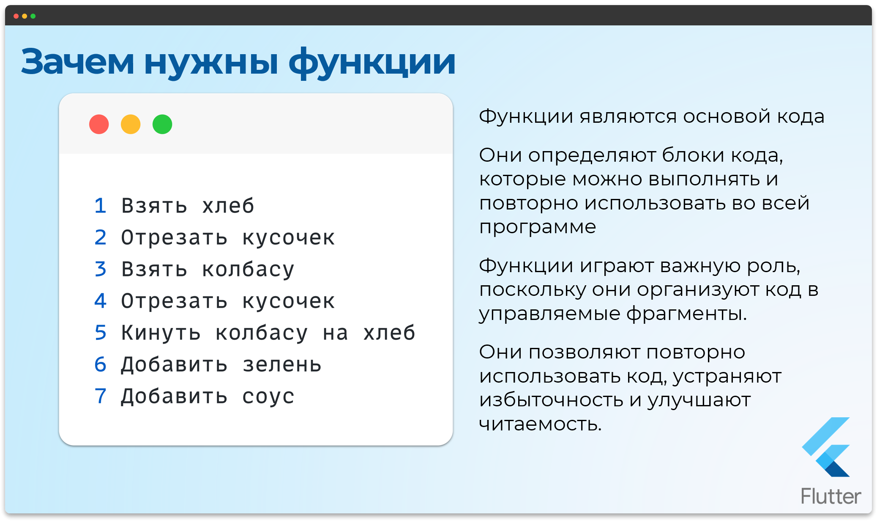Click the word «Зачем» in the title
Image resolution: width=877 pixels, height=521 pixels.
point(77,62)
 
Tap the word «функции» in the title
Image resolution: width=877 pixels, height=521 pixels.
point(372,62)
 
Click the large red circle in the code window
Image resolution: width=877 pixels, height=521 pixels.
point(99,124)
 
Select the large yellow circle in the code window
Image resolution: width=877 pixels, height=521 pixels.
point(131,124)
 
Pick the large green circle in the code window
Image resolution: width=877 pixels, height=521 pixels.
point(162,124)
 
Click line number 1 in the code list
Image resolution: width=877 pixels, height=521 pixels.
point(100,206)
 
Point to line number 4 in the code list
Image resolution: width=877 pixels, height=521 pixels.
point(100,301)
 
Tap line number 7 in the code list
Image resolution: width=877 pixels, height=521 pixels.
point(100,396)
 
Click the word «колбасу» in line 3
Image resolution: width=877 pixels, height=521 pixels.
point(248,270)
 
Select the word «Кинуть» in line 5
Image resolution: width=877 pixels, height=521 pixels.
point(161,333)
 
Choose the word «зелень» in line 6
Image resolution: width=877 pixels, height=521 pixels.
point(282,365)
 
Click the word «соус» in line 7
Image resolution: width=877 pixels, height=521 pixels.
point(268,397)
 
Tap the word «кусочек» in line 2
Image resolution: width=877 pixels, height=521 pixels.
point(289,238)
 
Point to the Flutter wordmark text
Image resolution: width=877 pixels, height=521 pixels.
point(831,496)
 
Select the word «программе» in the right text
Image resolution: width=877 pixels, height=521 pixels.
point(538,227)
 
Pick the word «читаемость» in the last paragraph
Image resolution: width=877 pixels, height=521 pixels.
point(540,424)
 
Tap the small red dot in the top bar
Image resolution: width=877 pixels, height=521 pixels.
point(16,16)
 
